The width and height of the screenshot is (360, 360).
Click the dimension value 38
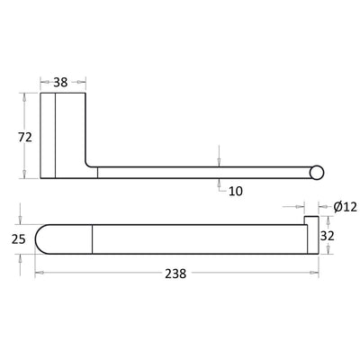tap(61, 82)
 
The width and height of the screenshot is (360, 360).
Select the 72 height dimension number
tap(25, 137)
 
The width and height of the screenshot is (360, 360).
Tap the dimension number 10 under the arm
tap(236, 191)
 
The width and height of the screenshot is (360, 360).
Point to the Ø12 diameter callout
tap(344, 207)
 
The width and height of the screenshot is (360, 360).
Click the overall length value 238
tap(175, 274)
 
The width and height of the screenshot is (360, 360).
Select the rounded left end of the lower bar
tap(42, 238)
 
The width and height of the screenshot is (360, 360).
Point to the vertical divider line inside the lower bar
tap(94, 238)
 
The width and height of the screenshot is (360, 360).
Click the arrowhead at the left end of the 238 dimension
tap(39, 274)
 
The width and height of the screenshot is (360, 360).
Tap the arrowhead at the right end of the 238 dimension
tap(315, 274)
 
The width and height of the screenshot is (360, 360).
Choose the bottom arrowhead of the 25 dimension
tap(22, 256)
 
